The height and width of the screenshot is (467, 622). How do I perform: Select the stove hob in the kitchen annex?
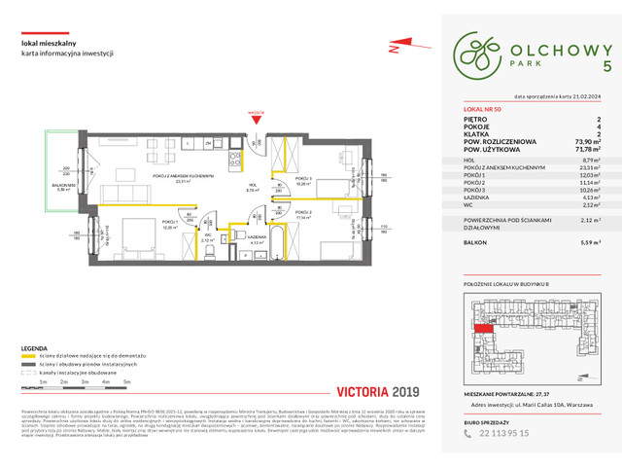click(x=234, y=157)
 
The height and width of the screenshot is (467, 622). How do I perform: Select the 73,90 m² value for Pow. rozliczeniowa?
click(x=582, y=140)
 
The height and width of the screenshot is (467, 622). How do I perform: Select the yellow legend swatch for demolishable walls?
click(x=29, y=359)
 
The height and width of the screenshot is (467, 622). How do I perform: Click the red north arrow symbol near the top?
click(x=394, y=47)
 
